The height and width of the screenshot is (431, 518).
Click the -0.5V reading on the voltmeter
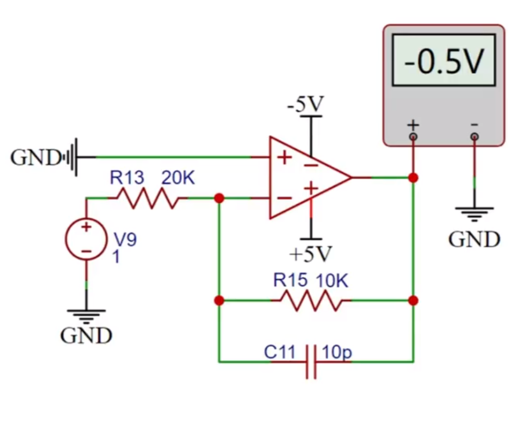(444, 61)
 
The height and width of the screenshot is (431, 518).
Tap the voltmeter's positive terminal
(413, 137)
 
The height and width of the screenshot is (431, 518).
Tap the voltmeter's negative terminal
(474, 137)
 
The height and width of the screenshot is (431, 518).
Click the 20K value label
(178, 178)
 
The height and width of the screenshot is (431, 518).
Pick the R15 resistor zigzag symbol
(311, 300)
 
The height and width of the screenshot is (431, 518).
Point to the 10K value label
(332, 281)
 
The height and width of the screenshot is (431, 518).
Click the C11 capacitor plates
(311, 362)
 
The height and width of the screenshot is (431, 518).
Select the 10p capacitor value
(337, 352)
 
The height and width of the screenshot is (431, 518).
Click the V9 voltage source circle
(86, 239)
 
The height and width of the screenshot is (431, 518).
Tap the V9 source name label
(125, 239)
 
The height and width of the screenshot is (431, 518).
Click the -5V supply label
(306, 104)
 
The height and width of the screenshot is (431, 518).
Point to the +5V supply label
(310, 254)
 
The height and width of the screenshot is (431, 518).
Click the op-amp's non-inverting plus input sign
(284, 157)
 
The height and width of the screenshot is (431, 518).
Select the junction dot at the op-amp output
(413, 178)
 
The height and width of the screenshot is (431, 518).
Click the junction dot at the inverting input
(219, 198)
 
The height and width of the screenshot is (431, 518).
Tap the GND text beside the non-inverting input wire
(35, 157)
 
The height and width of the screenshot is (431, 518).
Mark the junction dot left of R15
(219, 300)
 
